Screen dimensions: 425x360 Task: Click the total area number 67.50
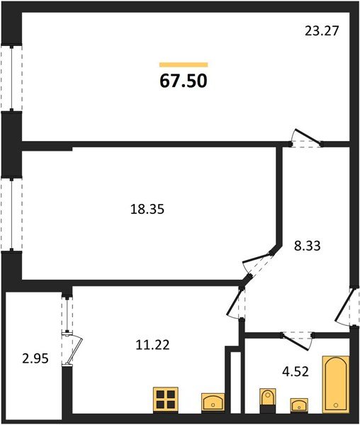[183, 81]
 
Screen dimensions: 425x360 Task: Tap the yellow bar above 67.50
[184, 64]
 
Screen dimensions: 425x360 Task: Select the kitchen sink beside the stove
[213, 402]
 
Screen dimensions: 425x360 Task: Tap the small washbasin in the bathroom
[299, 404]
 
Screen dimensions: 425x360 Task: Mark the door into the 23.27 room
[307, 140]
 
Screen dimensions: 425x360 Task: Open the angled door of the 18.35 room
[259, 264]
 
